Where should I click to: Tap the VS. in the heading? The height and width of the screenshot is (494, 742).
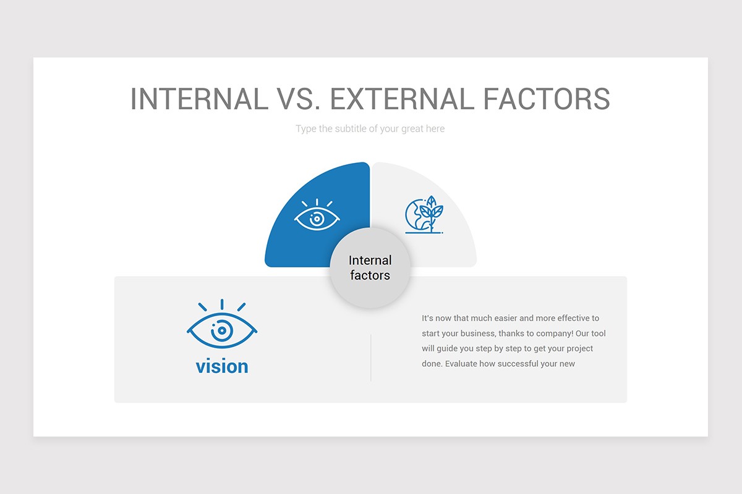[x=299, y=99]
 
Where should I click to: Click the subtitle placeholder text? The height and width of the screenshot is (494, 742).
[x=370, y=128]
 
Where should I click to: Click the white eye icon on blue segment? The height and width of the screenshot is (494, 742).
[x=317, y=216]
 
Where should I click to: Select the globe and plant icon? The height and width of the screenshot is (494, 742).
[x=424, y=216]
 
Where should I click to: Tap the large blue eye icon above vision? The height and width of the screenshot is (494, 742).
[x=222, y=326]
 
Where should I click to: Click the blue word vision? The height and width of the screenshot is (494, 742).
[x=222, y=366]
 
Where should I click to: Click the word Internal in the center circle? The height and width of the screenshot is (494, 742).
[x=370, y=261]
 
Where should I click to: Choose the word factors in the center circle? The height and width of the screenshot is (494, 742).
[x=370, y=275]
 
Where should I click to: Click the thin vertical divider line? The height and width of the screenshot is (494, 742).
[x=371, y=358]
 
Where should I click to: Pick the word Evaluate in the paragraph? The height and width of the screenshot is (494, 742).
[x=461, y=364]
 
